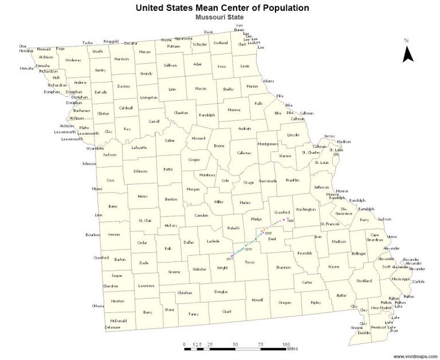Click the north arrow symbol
coord(408,53)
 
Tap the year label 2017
coord(229,259)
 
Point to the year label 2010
coord(248,250)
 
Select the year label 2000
coord(268,233)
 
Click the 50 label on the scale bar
coord(235,344)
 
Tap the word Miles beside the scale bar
coord(292,348)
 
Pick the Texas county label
coord(249,262)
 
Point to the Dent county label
coord(272,238)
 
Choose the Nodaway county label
coord(73,60)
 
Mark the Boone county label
coord(219,146)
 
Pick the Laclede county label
coord(214,241)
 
